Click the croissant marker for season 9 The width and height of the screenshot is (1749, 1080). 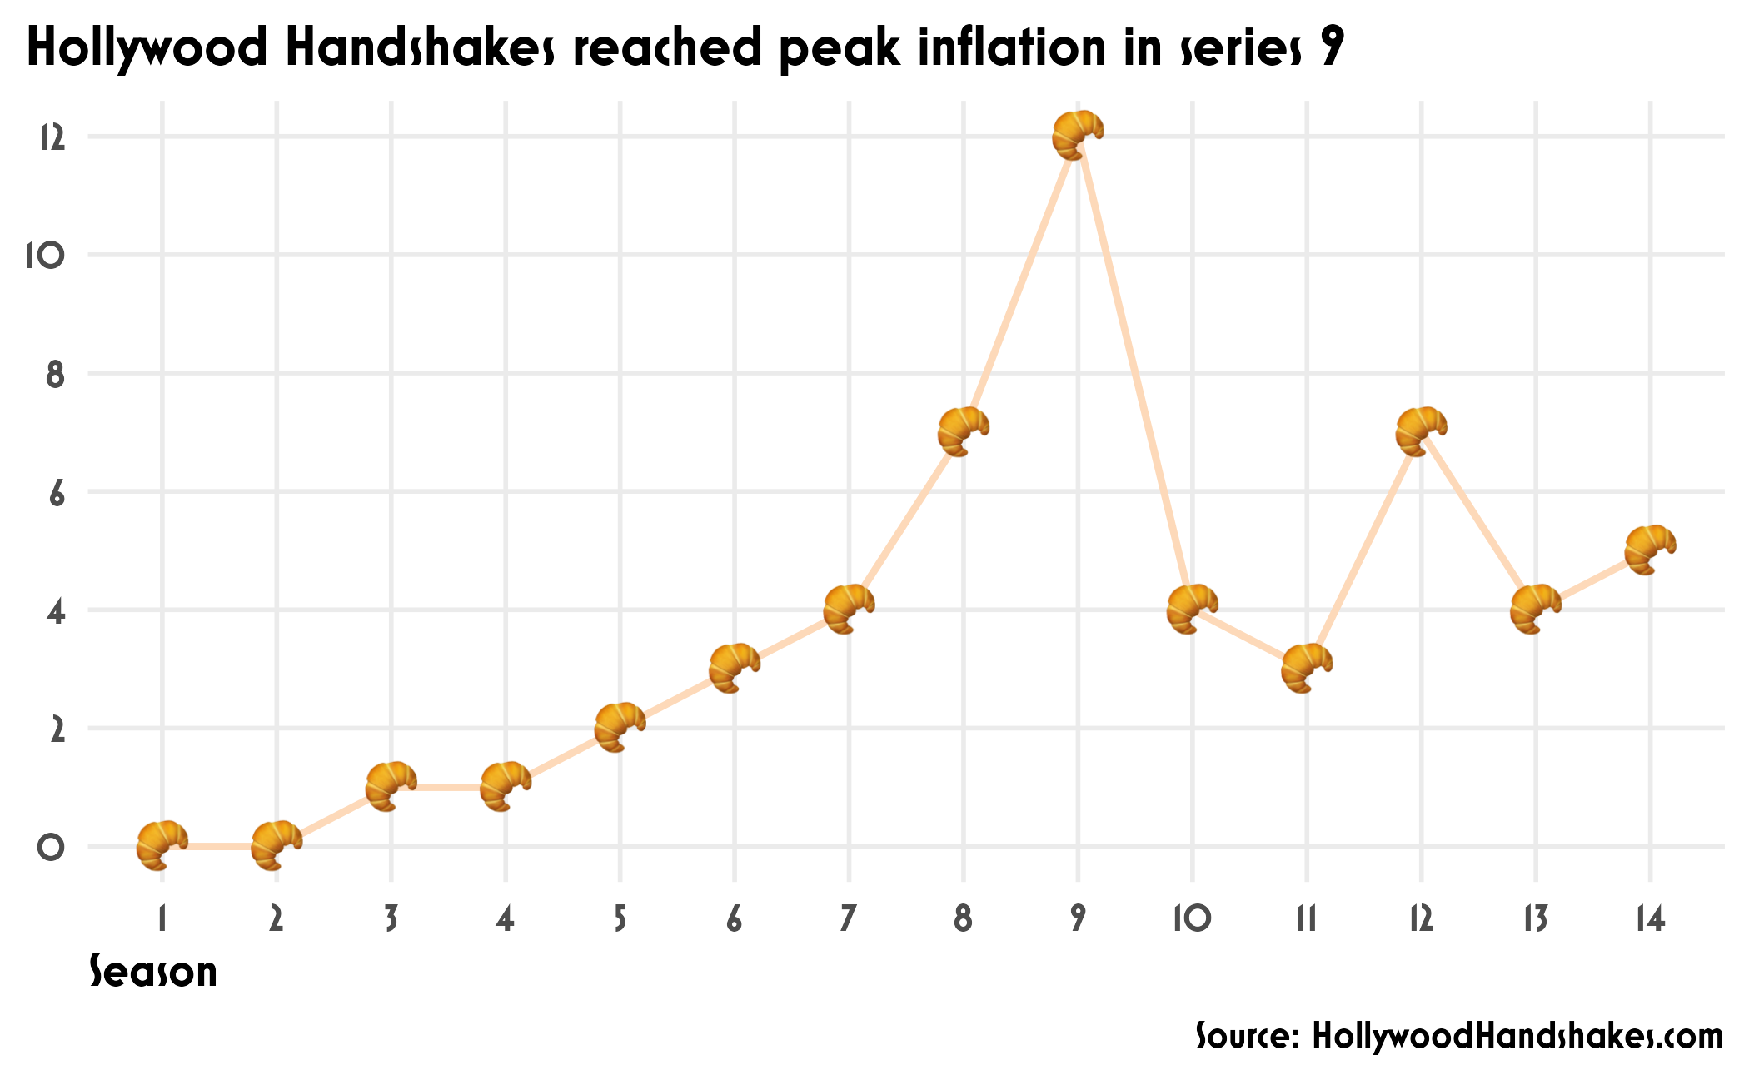point(1078,135)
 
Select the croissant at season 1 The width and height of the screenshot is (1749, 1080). point(162,845)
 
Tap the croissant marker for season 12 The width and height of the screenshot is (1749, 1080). point(1421,431)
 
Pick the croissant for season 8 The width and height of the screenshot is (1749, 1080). point(964,432)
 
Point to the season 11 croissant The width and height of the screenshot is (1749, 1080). point(1307,668)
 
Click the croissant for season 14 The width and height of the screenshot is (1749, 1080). point(1650,550)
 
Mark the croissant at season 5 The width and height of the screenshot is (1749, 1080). point(620,727)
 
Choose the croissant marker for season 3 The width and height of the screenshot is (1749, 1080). point(391,786)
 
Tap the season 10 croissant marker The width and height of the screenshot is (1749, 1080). point(1192,609)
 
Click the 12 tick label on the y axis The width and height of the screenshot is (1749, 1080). point(52,137)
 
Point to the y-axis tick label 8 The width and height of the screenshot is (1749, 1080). point(55,375)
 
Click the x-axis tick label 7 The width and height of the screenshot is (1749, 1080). point(849,918)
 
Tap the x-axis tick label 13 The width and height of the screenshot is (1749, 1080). point(1535,918)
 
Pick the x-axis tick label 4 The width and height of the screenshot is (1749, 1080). point(505,918)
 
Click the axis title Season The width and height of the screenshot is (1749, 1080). point(153,972)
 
